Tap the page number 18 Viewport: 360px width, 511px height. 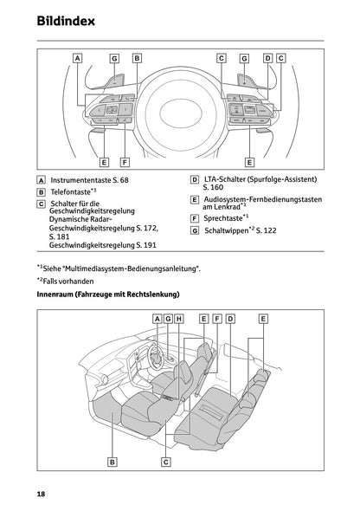coord(42,493)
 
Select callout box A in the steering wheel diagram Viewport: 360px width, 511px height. coord(78,59)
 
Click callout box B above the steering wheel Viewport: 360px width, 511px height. coord(137,59)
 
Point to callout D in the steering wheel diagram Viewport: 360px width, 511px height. coord(267,59)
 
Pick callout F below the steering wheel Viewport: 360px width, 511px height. coord(125,162)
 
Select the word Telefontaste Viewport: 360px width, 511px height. coord(72,193)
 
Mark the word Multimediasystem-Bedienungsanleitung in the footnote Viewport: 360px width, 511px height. coord(138,268)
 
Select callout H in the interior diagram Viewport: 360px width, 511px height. coord(179,319)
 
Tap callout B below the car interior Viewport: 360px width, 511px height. coord(112,462)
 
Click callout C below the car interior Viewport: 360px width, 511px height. coord(165,462)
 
